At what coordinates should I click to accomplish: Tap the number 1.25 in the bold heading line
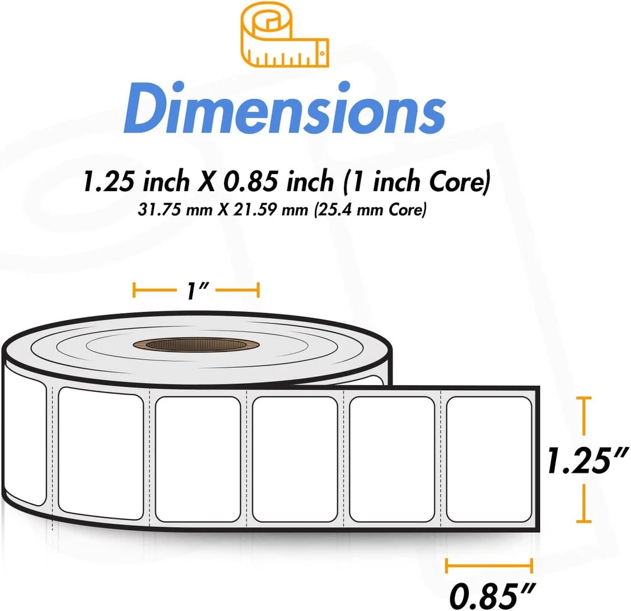(x=108, y=181)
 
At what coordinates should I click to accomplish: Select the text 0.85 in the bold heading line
(x=251, y=181)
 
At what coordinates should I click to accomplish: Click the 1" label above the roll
(x=198, y=290)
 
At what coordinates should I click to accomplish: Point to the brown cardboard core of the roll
(x=196, y=345)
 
